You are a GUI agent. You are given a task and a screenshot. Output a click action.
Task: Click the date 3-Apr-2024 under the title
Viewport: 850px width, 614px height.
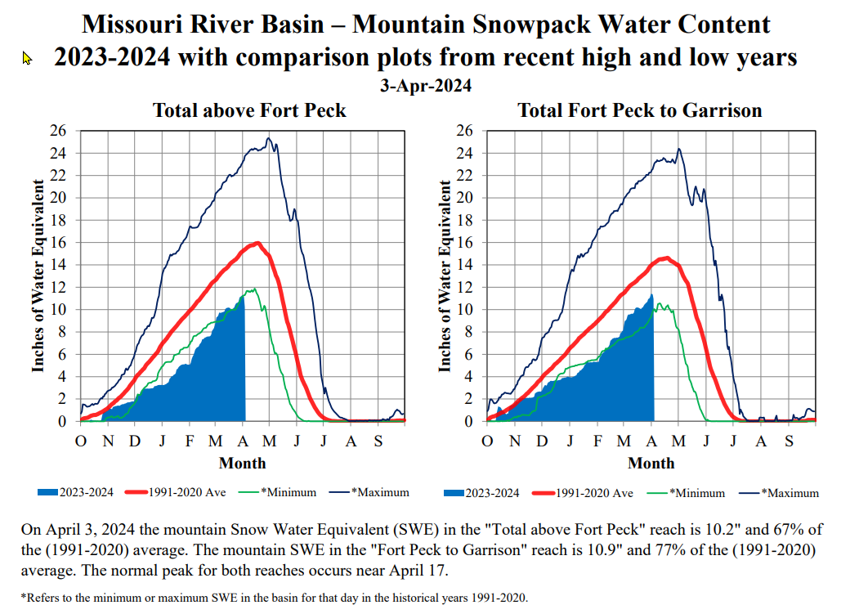tap(426, 86)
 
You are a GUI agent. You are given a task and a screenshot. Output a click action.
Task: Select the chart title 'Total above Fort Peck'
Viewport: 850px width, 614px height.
tap(249, 110)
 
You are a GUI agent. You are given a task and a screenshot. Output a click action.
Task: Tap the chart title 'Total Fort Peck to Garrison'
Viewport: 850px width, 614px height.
tap(640, 110)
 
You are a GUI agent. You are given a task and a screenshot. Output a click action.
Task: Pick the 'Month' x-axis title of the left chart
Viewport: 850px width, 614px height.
tap(242, 464)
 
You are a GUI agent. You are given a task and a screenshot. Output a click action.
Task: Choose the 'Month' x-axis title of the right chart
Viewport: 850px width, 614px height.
tap(651, 464)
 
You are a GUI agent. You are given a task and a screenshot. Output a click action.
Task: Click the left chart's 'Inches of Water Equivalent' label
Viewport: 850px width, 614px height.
tap(38, 276)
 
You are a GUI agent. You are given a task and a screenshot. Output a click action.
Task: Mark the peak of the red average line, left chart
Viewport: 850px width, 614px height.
tap(257, 243)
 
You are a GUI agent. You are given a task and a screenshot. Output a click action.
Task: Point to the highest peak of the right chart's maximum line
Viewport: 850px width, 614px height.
tap(678, 150)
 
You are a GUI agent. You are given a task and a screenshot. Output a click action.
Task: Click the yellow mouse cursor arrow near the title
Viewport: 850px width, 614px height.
tap(26, 58)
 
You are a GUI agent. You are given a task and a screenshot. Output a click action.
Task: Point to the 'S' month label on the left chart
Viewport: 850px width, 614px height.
tap(378, 442)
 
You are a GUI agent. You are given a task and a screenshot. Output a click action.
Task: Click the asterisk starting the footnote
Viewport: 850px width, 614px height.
tap(23, 596)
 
